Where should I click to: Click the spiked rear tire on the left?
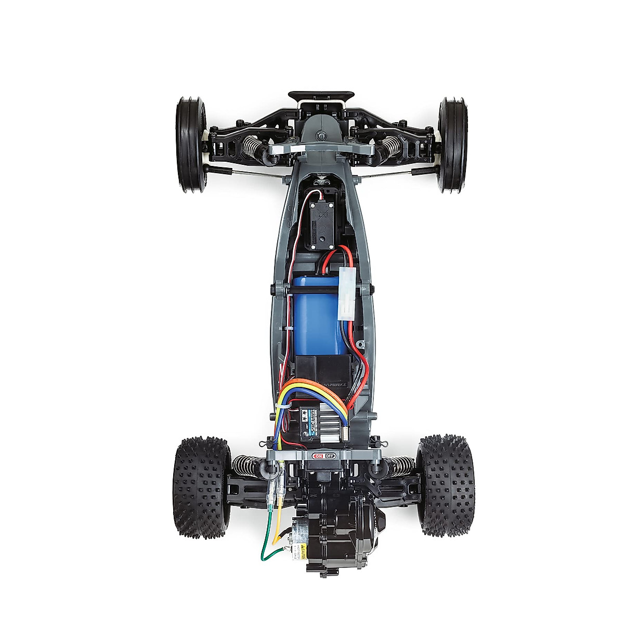pyautogui.click(x=202, y=486)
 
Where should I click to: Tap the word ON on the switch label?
pyautogui.click(x=318, y=456)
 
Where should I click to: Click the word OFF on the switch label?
pyautogui.click(x=330, y=456)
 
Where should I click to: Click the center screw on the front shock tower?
pyautogui.click(x=321, y=136)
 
